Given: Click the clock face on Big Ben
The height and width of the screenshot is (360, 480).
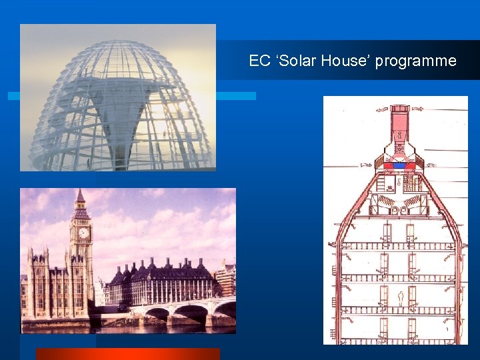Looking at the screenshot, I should [x=83, y=233].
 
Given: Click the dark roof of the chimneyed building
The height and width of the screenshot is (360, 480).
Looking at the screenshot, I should [x=160, y=270].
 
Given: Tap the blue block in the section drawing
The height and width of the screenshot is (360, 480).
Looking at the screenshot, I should [x=399, y=166].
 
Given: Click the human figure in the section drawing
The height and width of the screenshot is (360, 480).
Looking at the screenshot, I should [x=400, y=298].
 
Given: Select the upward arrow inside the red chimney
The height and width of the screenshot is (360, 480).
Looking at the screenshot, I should [x=399, y=135].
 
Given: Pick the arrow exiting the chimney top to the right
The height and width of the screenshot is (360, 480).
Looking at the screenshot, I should [x=417, y=108].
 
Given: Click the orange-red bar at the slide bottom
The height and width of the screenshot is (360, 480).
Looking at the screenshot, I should [x=127, y=354].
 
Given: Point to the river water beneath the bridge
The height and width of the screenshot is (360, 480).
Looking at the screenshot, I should [x=167, y=327].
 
